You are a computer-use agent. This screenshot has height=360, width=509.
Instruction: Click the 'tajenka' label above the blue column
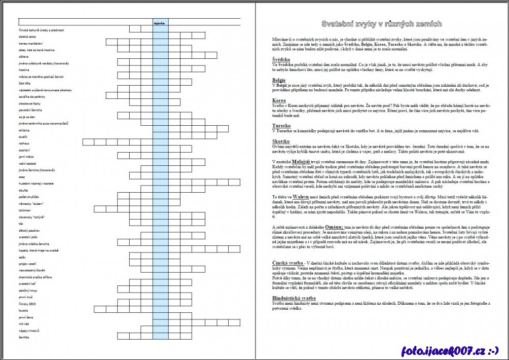click(x=160, y=23)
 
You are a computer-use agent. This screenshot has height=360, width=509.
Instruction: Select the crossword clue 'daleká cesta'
click(x=27, y=37)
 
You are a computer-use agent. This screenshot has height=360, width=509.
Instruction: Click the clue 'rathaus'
click(x=24, y=143)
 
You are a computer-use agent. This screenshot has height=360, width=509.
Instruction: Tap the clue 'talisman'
click(x=25, y=209)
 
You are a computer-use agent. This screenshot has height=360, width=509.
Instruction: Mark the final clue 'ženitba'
click(x=24, y=336)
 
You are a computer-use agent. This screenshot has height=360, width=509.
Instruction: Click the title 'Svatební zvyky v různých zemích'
click(x=381, y=24)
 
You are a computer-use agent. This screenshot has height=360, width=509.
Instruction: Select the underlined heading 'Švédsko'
click(x=281, y=59)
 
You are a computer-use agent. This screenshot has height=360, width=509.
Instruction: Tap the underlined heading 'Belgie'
click(x=279, y=80)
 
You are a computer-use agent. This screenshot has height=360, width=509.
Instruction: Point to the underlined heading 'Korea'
click(x=279, y=100)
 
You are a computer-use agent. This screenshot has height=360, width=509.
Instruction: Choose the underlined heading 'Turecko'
click(x=281, y=125)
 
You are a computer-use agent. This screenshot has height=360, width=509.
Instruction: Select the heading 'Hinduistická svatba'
click(x=295, y=298)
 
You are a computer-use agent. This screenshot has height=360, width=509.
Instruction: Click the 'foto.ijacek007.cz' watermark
click(x=450, y=350)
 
